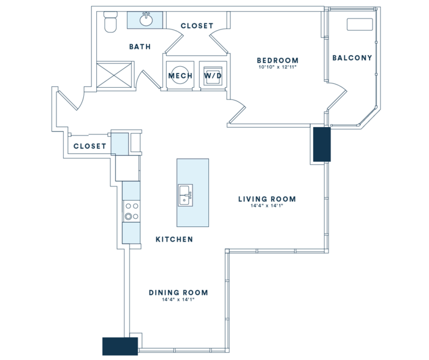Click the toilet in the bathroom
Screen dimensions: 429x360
click(x=110, y=22)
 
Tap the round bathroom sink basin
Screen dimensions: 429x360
click(x=146, y=20)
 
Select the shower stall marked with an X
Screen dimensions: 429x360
click(x=114, y=75)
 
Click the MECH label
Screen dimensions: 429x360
click(x=180, y=75)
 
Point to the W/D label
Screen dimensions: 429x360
click(x=213, y=75)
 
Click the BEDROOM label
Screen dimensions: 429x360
click(x=278, y=60)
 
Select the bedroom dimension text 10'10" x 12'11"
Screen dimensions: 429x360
click(x=278, y=67)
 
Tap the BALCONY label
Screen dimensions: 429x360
click(x=352, y=58)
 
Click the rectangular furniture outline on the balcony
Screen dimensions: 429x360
click(x=360, y=25)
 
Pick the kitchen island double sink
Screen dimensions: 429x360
click(x=186, y=195)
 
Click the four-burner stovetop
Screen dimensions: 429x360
click(x=131, y=211)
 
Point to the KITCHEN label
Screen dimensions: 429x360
click(x=174, y=239)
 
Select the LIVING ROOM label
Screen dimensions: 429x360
click(x=267, y=199)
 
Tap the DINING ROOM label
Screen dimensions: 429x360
click(x=178, y=293)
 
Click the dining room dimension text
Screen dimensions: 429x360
click(x=178, y=299)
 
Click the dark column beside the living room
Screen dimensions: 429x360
click(x=322, y=144)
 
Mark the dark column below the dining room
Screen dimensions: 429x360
click(x=120, y=347)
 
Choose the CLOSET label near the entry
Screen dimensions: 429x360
click(x=89, y=146)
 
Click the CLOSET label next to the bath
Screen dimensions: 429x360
click(x=197, y=26)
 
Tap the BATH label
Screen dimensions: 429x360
click(x=140, y=47)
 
